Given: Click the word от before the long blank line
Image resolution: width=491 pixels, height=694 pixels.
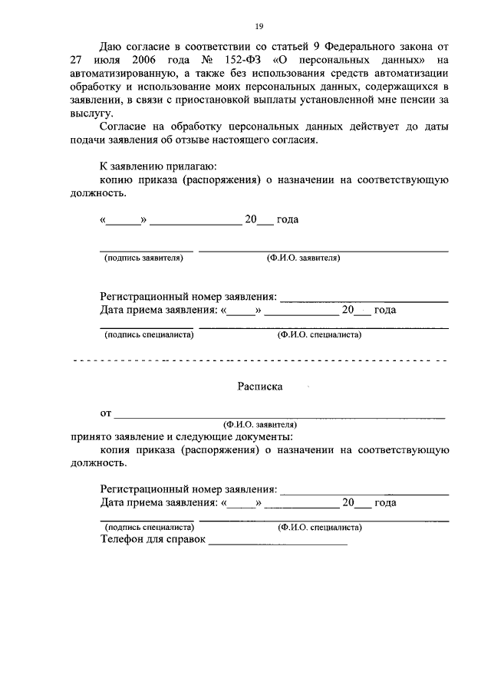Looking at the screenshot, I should tap(105, 414).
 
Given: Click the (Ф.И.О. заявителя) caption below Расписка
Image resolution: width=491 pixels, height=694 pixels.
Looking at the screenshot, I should tap(261, 424).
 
